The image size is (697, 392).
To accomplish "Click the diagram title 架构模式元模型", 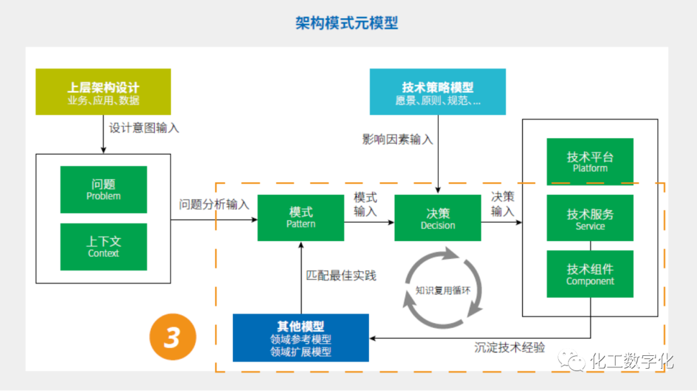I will pos(347,23).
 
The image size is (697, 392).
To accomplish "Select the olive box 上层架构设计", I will pos(103,92).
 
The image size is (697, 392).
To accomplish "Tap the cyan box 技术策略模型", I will pos(438,92).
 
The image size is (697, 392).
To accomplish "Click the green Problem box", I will pos(103,189).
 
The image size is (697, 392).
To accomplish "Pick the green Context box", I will pos(103,247).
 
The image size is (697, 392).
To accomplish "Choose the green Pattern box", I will pos(301,218).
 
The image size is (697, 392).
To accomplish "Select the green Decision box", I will pos(438,218).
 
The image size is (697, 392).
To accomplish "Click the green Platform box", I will pos(590,161).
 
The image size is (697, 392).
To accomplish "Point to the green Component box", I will pos(590,274).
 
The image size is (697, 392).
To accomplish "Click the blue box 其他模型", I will pos(301,338).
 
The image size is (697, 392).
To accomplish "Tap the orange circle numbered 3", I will pos(172,336).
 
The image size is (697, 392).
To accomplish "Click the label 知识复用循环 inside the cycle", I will pos(443,290).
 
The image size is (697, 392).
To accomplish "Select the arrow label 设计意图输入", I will pos(144,128).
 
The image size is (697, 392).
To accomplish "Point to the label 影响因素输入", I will pos(398,139).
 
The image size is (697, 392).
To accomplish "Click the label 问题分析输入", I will pos(214,204).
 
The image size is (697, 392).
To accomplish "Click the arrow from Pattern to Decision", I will pos(369,222).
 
